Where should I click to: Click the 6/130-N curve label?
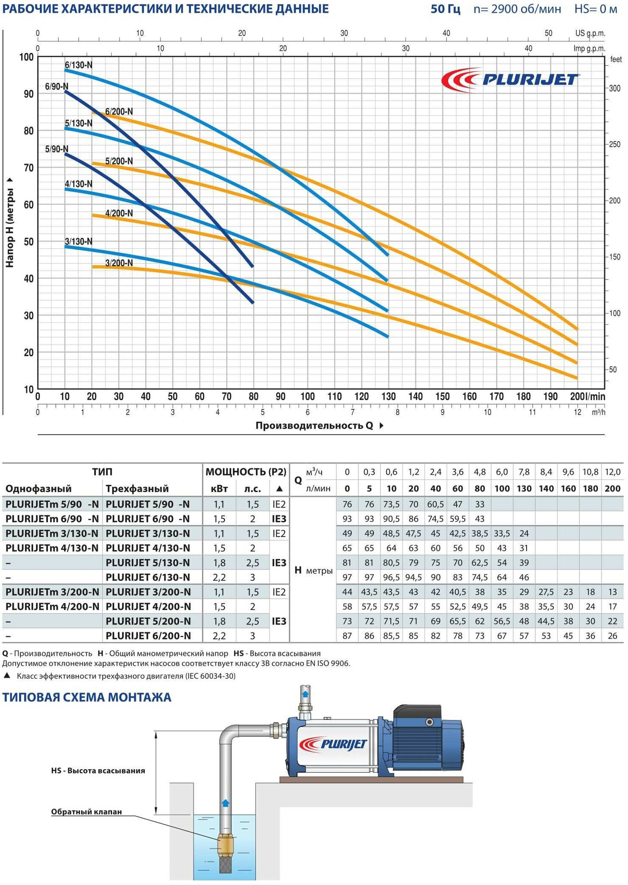point(78,65)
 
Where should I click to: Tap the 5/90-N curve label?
point(56,149)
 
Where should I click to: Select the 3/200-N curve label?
point(119,263)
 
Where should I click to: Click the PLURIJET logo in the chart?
point(510,80)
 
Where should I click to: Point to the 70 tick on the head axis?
point(28,168)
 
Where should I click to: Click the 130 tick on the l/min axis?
point(388,396)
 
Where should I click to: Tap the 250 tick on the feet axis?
point(614,144)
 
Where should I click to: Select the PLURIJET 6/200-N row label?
point(148,636)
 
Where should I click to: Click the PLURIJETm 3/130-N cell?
point(52,533)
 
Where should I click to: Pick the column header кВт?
point(219,489)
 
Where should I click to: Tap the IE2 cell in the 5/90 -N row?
point(279,504)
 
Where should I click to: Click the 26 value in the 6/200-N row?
point(612,636)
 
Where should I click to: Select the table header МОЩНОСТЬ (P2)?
point(246,472)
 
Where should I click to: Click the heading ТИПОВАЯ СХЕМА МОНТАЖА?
point(87,697)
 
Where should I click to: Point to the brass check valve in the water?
point(225,845)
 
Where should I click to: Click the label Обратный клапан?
point(86,812)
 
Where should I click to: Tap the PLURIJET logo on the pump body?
point(333,744)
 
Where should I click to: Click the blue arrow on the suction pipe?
point(225,803)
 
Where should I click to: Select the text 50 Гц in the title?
point(446,9)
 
